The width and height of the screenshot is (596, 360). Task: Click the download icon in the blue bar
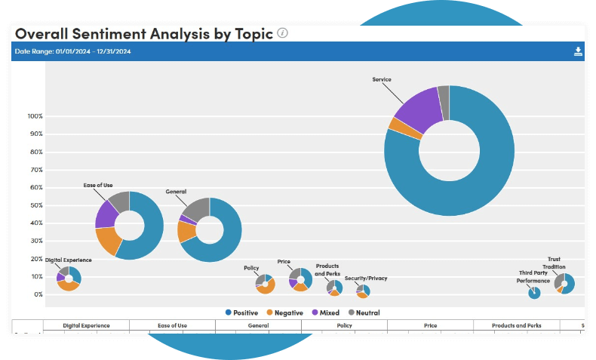pyautogui.click(x=578, y=51)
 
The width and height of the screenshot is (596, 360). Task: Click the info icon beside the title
pyautogui.click(x=282, y=33)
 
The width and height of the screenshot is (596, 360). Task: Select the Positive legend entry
pyautogui.click(x=241, y=312)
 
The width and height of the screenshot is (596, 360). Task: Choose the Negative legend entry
pyautogui.click(x=284, y=312)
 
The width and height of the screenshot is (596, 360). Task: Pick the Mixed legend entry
pyautogui.click(x=325, y=312)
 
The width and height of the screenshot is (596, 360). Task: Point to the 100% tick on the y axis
pyautogui.click(x=35, y=116)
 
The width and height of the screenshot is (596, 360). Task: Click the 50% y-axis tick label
pyautogui.click(x=36, y=205)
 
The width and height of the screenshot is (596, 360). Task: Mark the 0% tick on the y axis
pyautogui.click(x=38, y=294)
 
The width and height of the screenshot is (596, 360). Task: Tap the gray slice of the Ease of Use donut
pyautogui.click(x=119, y=201)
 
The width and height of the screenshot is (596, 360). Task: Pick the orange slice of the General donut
pyautogui.click(x=186, y=232)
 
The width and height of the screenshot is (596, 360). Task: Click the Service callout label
pyautogui.click(x=382, y=79)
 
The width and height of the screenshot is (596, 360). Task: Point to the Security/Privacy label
pyautogui.click(x=366, y=278)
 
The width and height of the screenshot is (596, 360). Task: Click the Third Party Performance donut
pyautogui.click(x=534, y=293)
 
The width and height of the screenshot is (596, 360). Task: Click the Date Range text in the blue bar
pyautogui.click(x=73, y=51)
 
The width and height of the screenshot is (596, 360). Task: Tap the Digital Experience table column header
pyautogui.click(x=86, y=325)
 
